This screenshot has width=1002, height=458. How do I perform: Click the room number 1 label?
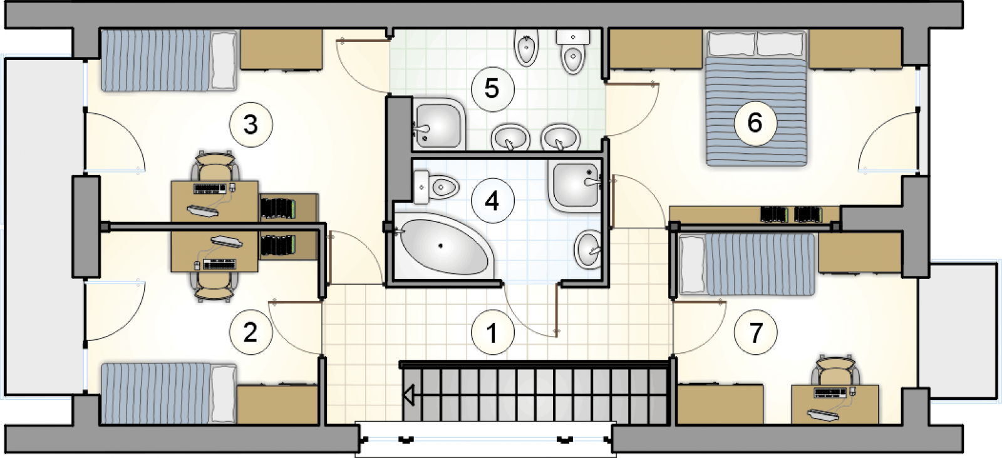coord(492,332)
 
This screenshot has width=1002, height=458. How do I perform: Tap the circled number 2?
coord(250,332)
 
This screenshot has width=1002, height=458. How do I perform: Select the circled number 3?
coord(250,125)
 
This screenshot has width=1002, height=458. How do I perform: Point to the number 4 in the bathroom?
coord(492,201)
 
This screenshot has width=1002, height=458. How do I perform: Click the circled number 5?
coord(492,88)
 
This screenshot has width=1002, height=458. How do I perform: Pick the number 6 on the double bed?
coord(755,123)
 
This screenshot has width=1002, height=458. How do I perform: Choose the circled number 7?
coord(755,332)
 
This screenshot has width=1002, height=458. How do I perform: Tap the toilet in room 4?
coord(435,187)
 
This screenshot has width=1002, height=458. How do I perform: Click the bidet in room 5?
coord(527,48)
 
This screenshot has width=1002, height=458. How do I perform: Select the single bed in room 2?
coord(169,393)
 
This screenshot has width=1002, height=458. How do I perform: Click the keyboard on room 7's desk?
coord(830,393)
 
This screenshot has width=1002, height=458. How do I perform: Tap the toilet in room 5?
coord(573,51)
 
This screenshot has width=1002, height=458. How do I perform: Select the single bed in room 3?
coord(169,60)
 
